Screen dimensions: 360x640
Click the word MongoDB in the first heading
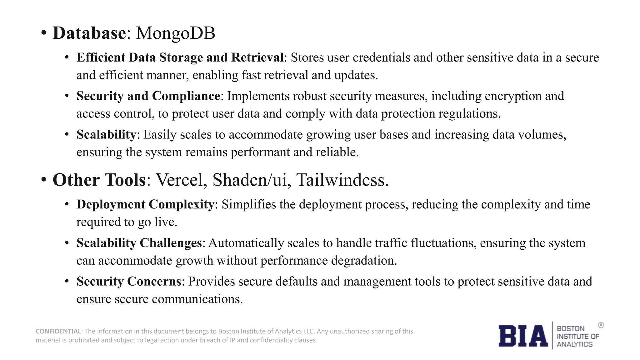176,33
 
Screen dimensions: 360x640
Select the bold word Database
89,33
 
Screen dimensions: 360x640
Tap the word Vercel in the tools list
182,180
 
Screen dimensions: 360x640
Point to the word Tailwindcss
342,180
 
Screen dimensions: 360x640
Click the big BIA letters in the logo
523,336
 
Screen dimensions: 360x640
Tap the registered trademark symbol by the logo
601,325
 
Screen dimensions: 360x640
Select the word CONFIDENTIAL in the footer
58,331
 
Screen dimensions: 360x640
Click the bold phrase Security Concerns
129,281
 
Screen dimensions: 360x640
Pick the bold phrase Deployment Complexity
145,204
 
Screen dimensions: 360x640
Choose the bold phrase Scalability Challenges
139,243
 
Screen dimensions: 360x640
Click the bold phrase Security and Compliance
148,96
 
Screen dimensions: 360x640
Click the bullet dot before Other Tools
44,180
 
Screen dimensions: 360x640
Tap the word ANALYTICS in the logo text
575,344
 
